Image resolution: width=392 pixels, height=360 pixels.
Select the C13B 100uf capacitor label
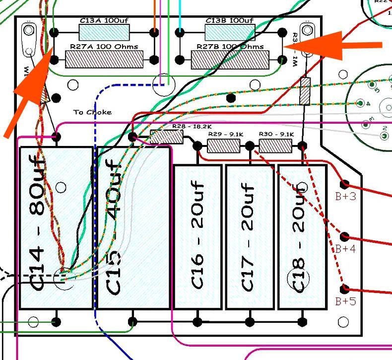(229, 21)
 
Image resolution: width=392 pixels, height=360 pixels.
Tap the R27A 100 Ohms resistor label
(105, 47)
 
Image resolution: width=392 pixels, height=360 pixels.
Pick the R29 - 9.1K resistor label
(225, 134)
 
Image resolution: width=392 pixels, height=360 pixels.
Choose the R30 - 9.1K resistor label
(276, 134)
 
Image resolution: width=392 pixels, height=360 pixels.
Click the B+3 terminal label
(345, 197)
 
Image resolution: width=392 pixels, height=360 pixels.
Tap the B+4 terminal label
(345, 249)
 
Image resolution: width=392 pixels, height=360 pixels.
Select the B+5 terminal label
(345, 301)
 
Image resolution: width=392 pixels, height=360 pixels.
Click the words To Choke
(93, 112)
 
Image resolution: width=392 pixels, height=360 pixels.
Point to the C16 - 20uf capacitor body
(197, 236)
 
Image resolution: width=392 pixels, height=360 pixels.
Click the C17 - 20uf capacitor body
(249, 236)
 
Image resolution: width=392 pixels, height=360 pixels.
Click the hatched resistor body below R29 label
(223, 146)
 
